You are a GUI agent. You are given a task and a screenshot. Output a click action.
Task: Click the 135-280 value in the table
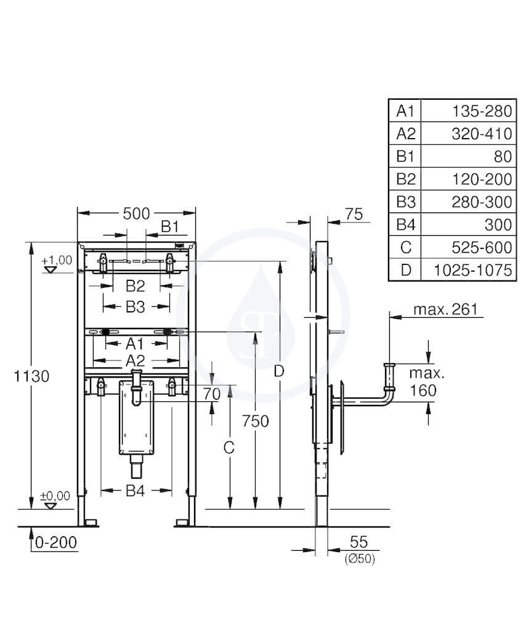click(482, 111)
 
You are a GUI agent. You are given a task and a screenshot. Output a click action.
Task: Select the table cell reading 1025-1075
click(472, 270)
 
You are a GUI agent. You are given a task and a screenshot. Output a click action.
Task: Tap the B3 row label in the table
click(405, 202)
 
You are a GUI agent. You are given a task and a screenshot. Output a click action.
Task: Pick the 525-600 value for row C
click(482, 248)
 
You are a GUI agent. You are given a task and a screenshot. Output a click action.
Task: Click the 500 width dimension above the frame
click(136, 214)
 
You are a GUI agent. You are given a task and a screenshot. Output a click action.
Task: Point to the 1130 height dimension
click(32, 377)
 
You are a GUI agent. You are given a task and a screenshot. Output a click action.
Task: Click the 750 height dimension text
click(256, 421)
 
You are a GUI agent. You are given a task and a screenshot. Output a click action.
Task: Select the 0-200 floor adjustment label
click(56, 542)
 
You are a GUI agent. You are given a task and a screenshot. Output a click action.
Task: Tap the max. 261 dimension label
click(445, 309)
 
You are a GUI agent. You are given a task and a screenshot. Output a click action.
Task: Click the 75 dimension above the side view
click(354, 214)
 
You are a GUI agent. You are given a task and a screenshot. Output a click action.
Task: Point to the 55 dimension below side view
click(358, 542)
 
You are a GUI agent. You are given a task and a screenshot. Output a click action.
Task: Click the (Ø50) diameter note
click(360, 558)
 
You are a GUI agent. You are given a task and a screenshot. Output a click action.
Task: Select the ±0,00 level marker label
click(55, 496)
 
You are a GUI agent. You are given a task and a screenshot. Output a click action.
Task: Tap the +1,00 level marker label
click(57, 260)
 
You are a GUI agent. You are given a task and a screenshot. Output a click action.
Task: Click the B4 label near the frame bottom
click(135, 491)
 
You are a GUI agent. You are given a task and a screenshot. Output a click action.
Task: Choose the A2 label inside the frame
click(135, 360)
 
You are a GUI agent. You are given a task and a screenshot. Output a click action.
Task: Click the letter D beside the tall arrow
click(279, 372)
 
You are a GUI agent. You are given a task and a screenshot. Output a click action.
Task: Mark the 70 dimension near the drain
click(211, 394)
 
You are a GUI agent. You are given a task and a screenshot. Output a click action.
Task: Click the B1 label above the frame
click(170, 227)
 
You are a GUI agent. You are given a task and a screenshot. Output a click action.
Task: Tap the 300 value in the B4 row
click(498, 224)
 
